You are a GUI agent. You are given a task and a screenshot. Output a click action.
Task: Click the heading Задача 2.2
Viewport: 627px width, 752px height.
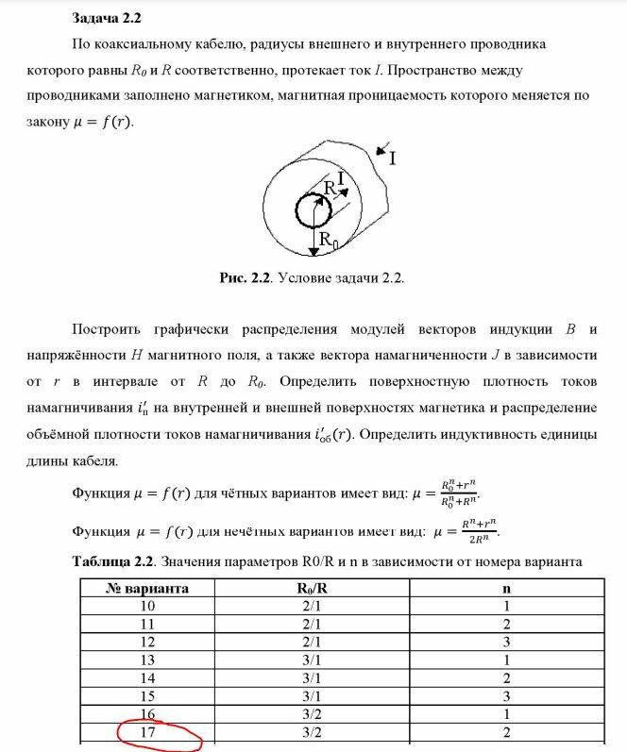coord(107,18)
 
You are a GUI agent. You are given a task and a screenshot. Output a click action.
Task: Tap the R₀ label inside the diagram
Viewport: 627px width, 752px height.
coord(327,240)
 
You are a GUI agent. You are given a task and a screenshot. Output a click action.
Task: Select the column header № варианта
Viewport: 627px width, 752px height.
coord(147,588)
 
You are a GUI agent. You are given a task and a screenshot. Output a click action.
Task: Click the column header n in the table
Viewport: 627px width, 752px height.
coord(507,588)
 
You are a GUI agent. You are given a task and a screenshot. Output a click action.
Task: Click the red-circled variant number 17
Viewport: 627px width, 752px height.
coord(147,731)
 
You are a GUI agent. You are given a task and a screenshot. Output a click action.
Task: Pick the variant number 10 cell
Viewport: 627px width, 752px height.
coord(147,606)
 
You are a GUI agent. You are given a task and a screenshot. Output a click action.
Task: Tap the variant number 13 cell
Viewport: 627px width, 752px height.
coord(147,660)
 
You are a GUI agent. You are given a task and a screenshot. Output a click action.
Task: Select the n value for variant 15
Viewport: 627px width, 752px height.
coord(507,695)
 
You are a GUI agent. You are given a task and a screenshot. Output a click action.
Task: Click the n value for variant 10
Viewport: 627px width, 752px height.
coord(507,606)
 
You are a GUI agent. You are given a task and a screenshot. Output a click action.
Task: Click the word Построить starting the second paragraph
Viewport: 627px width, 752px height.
coord(106,329)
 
